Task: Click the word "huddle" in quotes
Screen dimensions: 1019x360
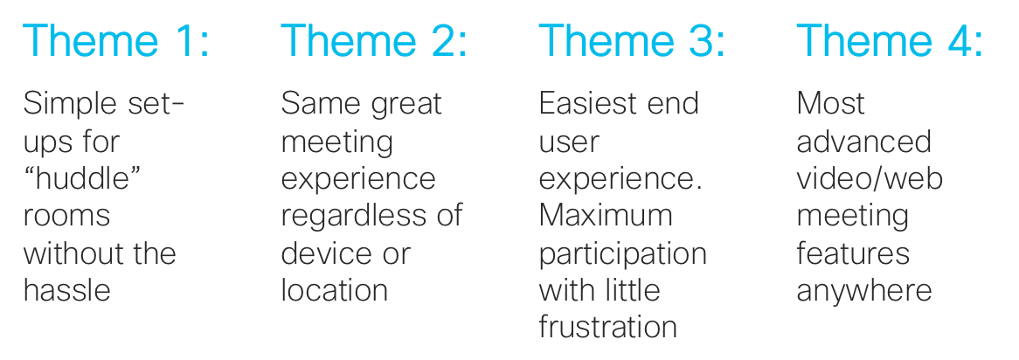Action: pos(82,178)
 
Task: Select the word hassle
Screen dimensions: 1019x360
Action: pos(67,290)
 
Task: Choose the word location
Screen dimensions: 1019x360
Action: pos(334,290)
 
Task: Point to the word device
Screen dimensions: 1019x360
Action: pos(319,253)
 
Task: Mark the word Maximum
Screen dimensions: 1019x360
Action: pos(605,215)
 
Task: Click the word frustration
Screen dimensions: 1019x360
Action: pos(607,327)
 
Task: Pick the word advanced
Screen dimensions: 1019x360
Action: pos(863,141)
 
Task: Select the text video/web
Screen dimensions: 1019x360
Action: pos(870,178)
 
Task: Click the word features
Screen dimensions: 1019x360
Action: pos(853,253)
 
